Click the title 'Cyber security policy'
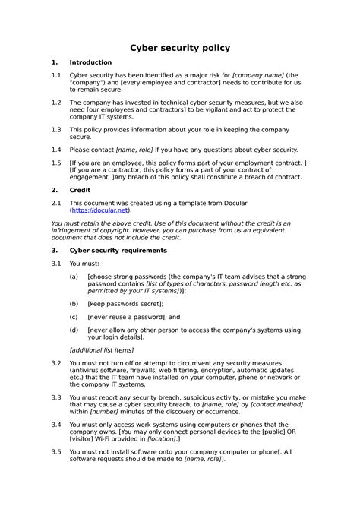tap(180, 48)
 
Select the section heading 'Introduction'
tap(90, 62)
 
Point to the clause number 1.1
tap(55, 76)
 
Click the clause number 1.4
tap(55, 150)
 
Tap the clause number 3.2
tap(55, 364)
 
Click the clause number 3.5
tap(55, 451)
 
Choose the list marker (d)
tap(74, 330)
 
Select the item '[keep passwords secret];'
tap(125, 303)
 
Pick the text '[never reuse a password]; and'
tap(134, 317)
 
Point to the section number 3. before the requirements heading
tap(54, 249)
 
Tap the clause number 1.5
tap(55, 163)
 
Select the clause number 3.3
tap(55, 397)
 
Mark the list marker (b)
tap(74, 303)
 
